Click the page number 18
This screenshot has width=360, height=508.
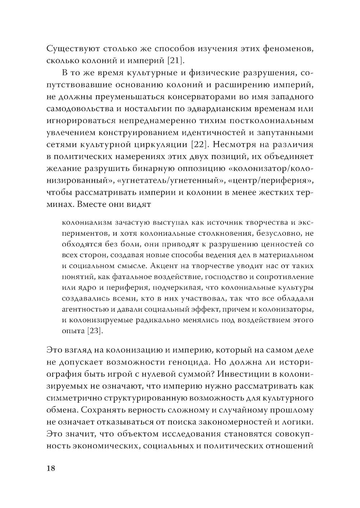pos(51,468)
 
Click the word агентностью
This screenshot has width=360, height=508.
pos(86,309)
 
